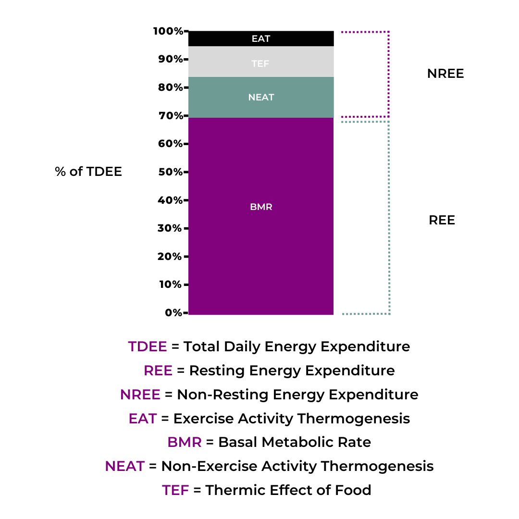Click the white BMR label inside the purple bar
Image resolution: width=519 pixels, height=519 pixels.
click(x=261, y=208)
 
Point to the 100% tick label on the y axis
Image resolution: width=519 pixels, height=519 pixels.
click(x=168, y=31)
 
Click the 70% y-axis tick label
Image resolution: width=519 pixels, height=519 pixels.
click(x=170, y=116)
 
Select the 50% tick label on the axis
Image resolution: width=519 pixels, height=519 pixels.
click(x=170, y=172)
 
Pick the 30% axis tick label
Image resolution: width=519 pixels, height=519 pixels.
click(x=170, y=228)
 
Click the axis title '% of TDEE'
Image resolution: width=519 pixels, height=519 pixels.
click(x=88, y=172)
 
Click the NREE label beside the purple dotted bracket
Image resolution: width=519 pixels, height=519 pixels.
click(x=445, y=74)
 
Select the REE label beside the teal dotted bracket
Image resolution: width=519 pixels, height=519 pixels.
click(x=442, y=220)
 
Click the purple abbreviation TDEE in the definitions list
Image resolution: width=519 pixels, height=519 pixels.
click(x=148, y=346)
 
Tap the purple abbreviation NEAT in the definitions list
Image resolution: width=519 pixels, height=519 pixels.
click(x=125, y=466)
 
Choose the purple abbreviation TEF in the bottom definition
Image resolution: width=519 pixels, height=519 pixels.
click(x=175, y=490)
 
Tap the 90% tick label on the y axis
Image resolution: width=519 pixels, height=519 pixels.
click(x=170, y=60)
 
